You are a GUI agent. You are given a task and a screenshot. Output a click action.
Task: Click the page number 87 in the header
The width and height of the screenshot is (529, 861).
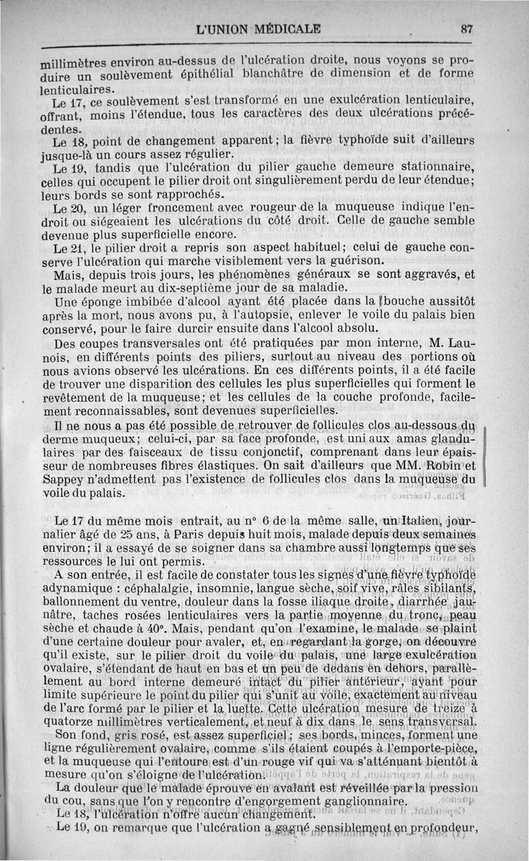468,28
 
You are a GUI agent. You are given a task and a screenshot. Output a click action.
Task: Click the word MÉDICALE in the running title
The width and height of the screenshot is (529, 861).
281,28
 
